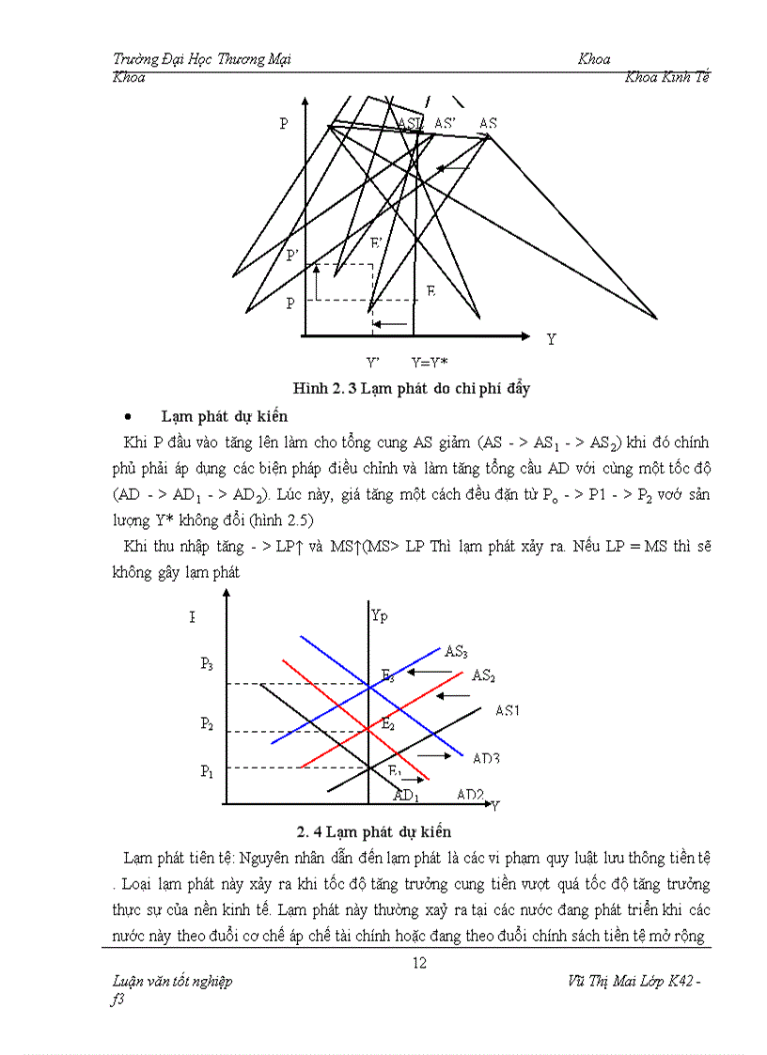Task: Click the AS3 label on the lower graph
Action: point(457,650)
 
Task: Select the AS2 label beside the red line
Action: point(483,675)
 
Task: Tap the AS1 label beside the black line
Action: point(508,710)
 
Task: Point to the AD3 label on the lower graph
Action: point(486,757)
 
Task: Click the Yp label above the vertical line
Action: point(379,615)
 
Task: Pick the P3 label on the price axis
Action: point(207,663)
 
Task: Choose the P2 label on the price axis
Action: point(207,723)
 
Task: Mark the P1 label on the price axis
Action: point(207,770)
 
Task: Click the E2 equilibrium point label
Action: point(387,723)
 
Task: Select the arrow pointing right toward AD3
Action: point(434,755)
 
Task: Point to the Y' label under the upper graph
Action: point(373,362)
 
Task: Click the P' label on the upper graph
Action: point(292,256)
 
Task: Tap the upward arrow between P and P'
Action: point(317,282)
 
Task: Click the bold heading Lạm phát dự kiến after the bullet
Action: point(224,416)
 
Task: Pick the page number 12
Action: point(420,961)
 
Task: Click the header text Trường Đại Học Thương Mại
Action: point(201,59)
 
